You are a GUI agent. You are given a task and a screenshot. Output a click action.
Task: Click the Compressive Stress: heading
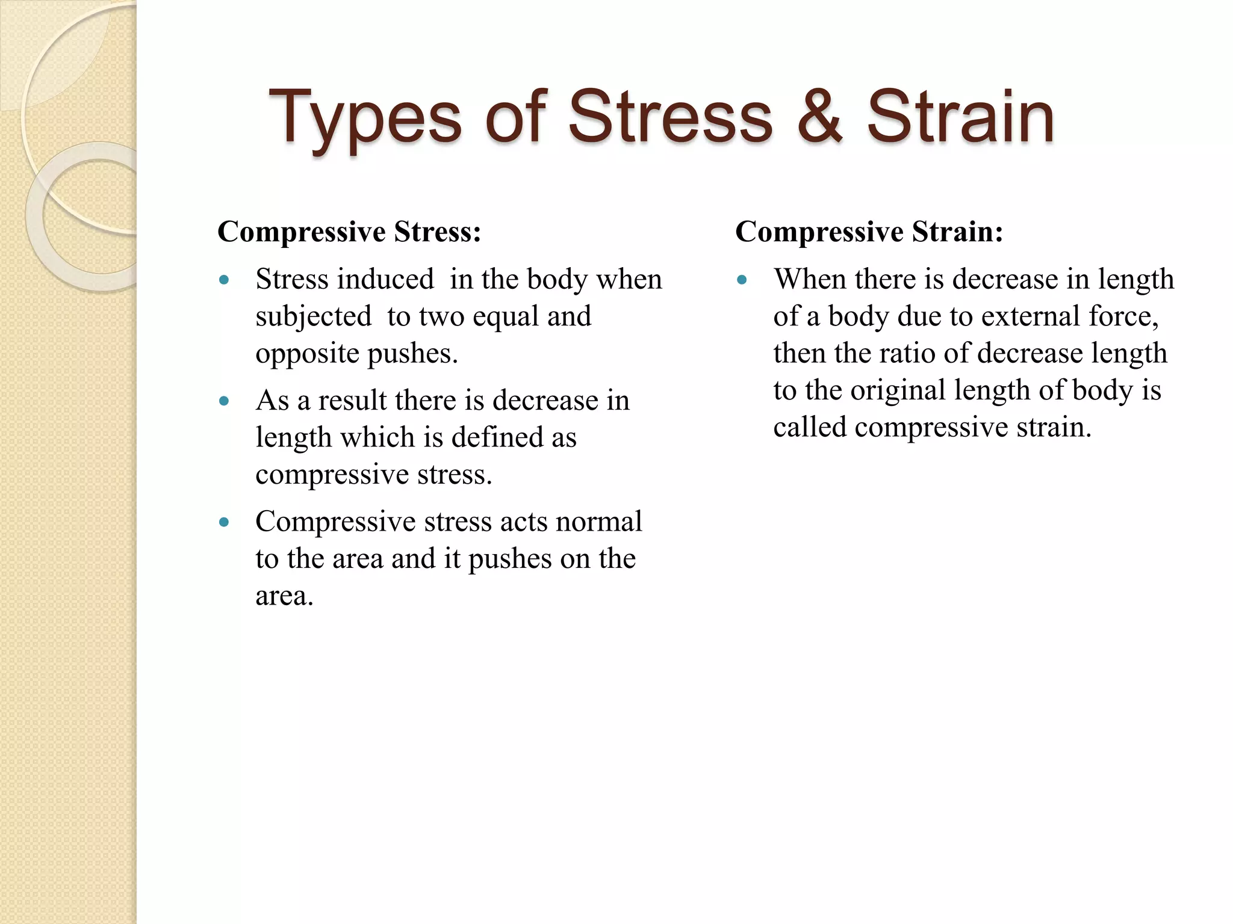pyautogui.click(x=349, y=232)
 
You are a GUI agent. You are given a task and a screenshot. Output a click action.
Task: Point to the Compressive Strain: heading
pyautogui.click(x=869, y=232)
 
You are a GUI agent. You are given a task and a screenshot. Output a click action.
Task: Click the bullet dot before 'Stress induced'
pyautogui.click(x=225, y=280)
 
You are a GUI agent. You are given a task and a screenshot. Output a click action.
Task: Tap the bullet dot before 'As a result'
pyautogui.click(x=225, y=401)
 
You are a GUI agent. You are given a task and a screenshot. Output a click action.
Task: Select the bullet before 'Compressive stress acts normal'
pyautogui.click(x=225, y=522)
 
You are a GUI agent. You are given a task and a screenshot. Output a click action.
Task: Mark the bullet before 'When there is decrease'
pyautogui.click(x=742, y=280)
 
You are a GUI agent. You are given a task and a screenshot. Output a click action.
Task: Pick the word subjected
pyautogui.click(x=313, y=316)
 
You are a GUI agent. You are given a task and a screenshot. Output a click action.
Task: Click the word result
pyautogui.click(x=352, y=401)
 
